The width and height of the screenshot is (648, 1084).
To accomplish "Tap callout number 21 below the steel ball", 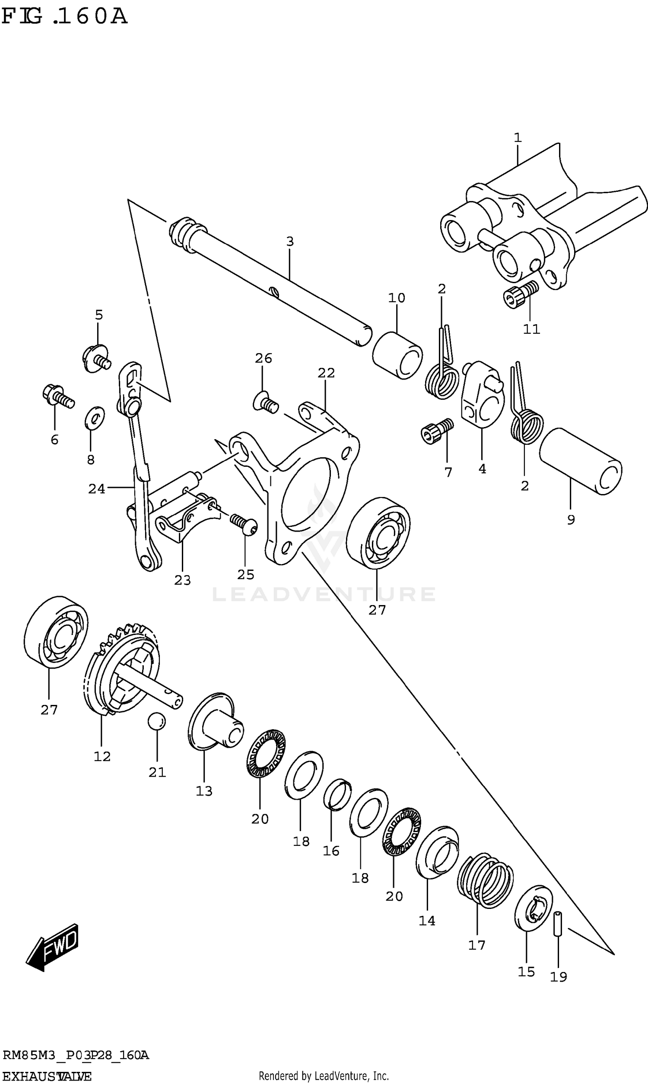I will [157, 773].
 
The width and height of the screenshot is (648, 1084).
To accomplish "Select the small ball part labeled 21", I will [157, 721].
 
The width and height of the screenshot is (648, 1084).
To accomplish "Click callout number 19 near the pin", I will [558, 977].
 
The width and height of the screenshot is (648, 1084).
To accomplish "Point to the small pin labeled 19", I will [558, 924].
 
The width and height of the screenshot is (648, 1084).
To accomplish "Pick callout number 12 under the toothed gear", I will [102, 756].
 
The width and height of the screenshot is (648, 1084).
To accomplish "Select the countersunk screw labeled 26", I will [266, 402].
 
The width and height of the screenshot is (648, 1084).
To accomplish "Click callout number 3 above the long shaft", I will [290, 242].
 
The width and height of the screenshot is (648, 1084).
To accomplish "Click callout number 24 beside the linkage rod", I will [96, 489].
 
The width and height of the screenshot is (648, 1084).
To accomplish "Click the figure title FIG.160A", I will [64, 16].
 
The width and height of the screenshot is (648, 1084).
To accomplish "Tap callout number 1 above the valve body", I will [518, 137].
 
